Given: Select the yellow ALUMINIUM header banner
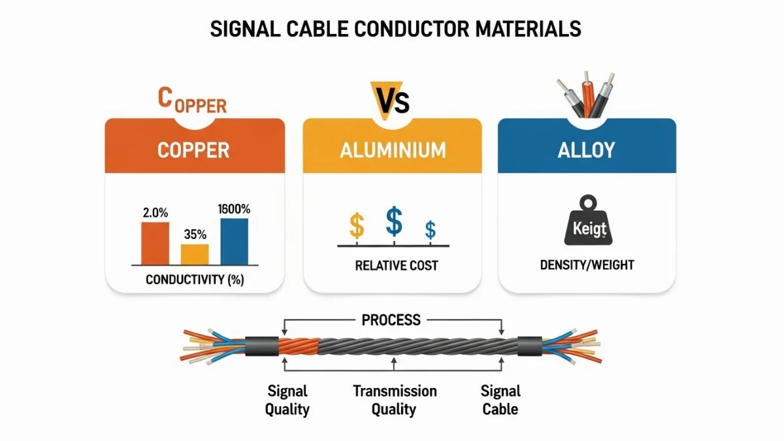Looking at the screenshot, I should coord(392,150).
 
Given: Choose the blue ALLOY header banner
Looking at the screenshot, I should coord(586,150).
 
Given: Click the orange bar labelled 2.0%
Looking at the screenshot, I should coord(155,242).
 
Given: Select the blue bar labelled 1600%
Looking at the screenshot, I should coord(234,240).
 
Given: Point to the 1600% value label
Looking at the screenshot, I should coord(234,210).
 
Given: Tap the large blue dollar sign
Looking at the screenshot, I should coord(394,221).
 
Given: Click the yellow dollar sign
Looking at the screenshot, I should coord(357,226).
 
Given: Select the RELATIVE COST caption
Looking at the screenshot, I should coord(392,266).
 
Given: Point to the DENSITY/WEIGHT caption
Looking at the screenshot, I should coord(587,265).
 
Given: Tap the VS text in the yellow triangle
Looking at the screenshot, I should coord(392,103).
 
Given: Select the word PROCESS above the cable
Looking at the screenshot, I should coord(391,320).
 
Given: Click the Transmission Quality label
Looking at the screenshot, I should coord(395,400).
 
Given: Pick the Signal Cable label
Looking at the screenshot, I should coord(500,400).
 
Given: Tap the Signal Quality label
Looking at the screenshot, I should coord(287,400).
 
